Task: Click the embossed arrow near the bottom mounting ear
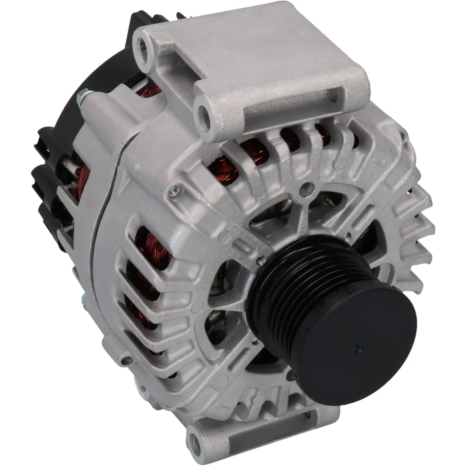tap(222, 405)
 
